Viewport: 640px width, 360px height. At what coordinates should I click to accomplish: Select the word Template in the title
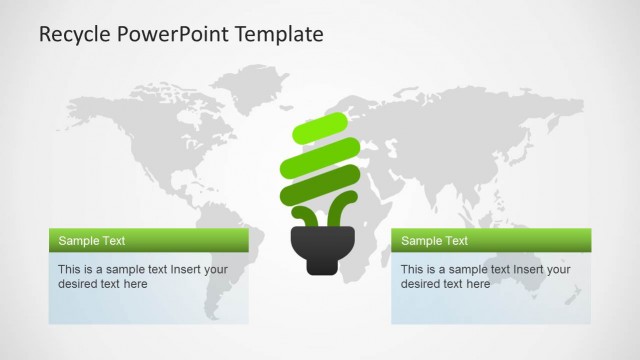click(x=281, y=34)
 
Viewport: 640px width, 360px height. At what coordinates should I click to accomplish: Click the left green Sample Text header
click(x=148, y=241)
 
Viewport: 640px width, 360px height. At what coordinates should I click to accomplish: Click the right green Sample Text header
click(x=490, y=241)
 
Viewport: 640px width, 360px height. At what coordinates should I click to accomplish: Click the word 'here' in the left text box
click(x=135, y=284)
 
